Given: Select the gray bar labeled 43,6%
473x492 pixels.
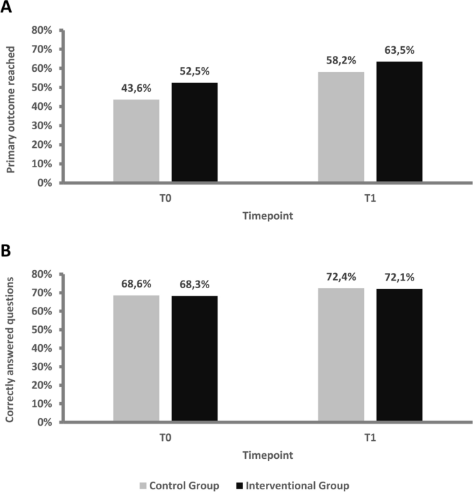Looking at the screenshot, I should [137, 142].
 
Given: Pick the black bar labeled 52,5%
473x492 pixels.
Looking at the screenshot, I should [195, 133].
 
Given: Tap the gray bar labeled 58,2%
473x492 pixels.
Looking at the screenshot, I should [341, 127].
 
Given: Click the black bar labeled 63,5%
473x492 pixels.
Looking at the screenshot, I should [399, 122].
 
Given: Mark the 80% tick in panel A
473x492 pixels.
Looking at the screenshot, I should [42, 30].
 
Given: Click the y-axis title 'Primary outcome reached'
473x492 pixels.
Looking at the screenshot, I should [12, 107].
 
